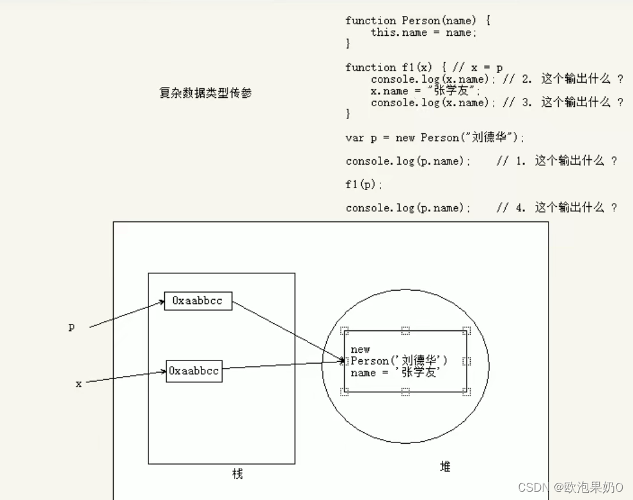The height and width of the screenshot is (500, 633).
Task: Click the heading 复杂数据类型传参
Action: click(205, 93)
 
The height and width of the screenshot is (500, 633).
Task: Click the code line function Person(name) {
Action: click(418, 20)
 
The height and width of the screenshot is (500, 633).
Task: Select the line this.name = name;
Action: click(423, 33)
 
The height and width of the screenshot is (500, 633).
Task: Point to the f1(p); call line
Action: click(364, 184)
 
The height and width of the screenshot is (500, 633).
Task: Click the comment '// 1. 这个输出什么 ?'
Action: click(556, 161)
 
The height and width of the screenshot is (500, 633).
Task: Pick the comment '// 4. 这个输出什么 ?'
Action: click(556, 208)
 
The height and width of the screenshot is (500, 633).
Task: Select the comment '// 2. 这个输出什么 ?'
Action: click(563, 79)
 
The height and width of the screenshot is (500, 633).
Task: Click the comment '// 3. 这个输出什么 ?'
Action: click(563, 102)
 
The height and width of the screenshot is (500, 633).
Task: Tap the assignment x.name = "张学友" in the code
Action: click(424, 91)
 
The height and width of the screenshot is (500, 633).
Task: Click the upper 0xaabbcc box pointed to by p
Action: click(198, 300)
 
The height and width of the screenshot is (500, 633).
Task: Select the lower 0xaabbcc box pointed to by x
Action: click(194, 371)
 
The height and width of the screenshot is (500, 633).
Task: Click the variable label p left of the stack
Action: click(72, 327)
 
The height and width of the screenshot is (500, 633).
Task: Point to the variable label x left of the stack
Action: click(79, 384)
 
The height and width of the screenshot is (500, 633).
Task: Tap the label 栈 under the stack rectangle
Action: click(237, 474)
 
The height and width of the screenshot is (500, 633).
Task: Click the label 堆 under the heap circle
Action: click(445, 467)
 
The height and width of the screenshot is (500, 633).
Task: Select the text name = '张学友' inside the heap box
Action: click(395, 373)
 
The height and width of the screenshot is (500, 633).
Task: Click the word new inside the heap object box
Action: click(361, 350)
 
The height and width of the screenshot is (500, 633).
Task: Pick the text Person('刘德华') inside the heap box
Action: click(400, 361)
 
